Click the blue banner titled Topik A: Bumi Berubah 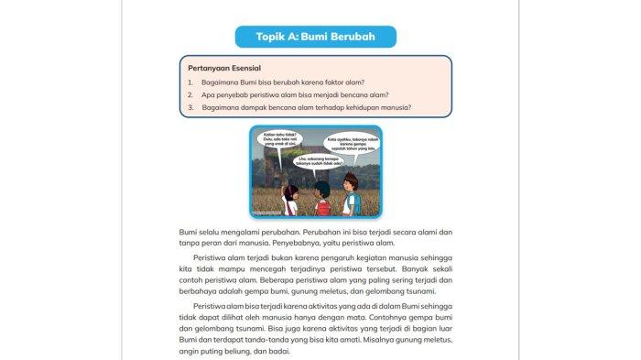coord(316,37)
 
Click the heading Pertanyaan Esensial coord(224,68)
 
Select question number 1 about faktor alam coord(293,82)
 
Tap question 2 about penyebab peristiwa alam coord(297,94)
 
